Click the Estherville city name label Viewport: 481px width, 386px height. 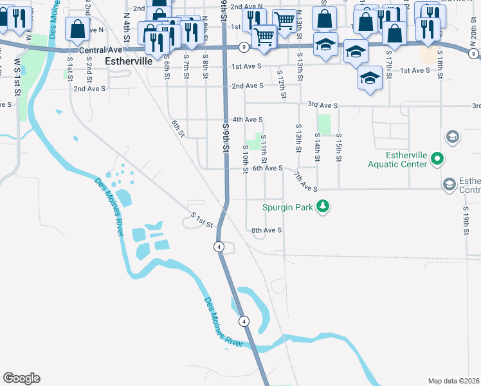(x=127, y=61)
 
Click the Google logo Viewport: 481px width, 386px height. (x=21, y=378)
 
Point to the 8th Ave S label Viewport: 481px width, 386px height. (x=266, y=230)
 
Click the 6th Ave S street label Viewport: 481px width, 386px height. (x=268, y=168)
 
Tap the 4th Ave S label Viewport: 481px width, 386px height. (x=248, y=119)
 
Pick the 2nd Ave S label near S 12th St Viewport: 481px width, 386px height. (x=248, y=86)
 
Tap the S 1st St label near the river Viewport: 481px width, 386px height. (x=202, y=219)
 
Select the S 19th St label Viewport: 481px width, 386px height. (x=466, y=219)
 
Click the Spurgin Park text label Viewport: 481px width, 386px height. (x=287, y=207)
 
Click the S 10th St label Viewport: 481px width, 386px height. (x=246, y=159)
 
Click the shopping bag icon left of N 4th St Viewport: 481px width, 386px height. (x=78, y=28)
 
